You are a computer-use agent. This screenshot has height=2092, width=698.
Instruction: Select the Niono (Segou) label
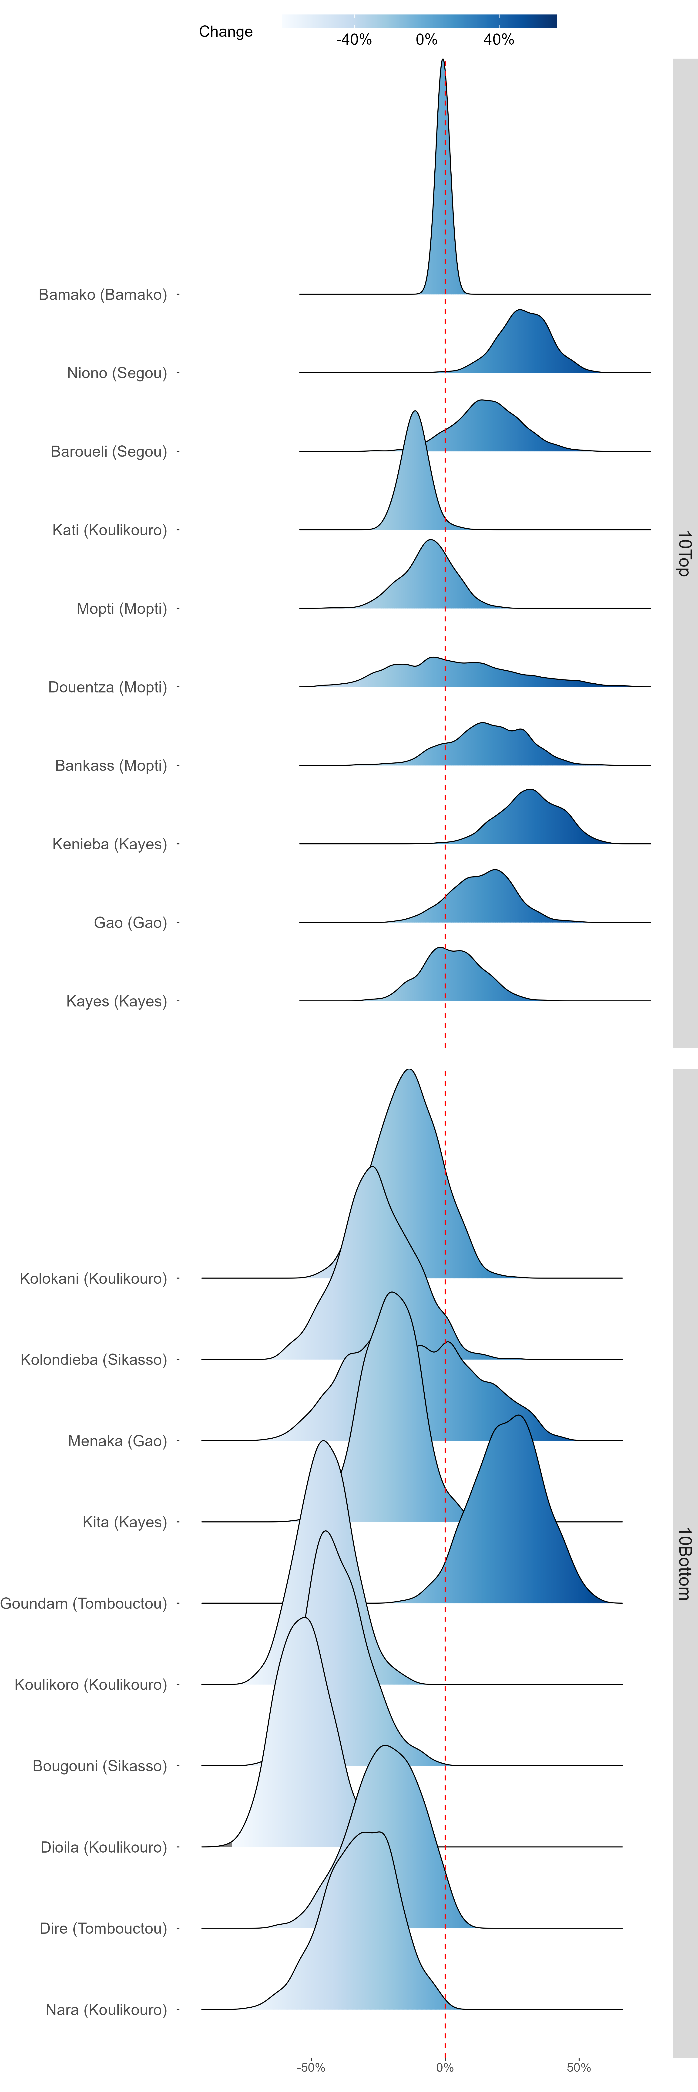(117, 374)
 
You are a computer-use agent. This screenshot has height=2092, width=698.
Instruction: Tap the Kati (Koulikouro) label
(110, 530)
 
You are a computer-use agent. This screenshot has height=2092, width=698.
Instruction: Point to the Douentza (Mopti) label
(107, 688)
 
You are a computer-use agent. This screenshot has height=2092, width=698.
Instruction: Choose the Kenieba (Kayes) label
(110, 845)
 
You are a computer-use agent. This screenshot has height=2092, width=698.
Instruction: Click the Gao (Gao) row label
(130, 923)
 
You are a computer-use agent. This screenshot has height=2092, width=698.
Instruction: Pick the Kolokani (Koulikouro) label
(94, 1279)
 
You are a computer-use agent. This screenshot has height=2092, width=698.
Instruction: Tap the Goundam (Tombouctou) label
(84, 1604)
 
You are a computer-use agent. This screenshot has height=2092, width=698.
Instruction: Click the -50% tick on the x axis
(311, 2068)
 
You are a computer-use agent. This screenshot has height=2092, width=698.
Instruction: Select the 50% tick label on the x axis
(579, 2068)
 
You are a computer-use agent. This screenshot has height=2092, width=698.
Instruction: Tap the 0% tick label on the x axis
(444, 2068)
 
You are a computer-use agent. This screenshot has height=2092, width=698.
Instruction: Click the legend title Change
(226, 32)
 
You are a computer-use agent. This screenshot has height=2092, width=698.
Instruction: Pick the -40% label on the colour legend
(354, 40)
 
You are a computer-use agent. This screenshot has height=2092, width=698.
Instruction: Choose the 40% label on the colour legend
(499, 40)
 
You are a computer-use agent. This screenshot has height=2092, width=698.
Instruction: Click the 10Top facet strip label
(684, 554)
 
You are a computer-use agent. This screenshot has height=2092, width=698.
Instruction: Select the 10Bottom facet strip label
(684, 1563)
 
